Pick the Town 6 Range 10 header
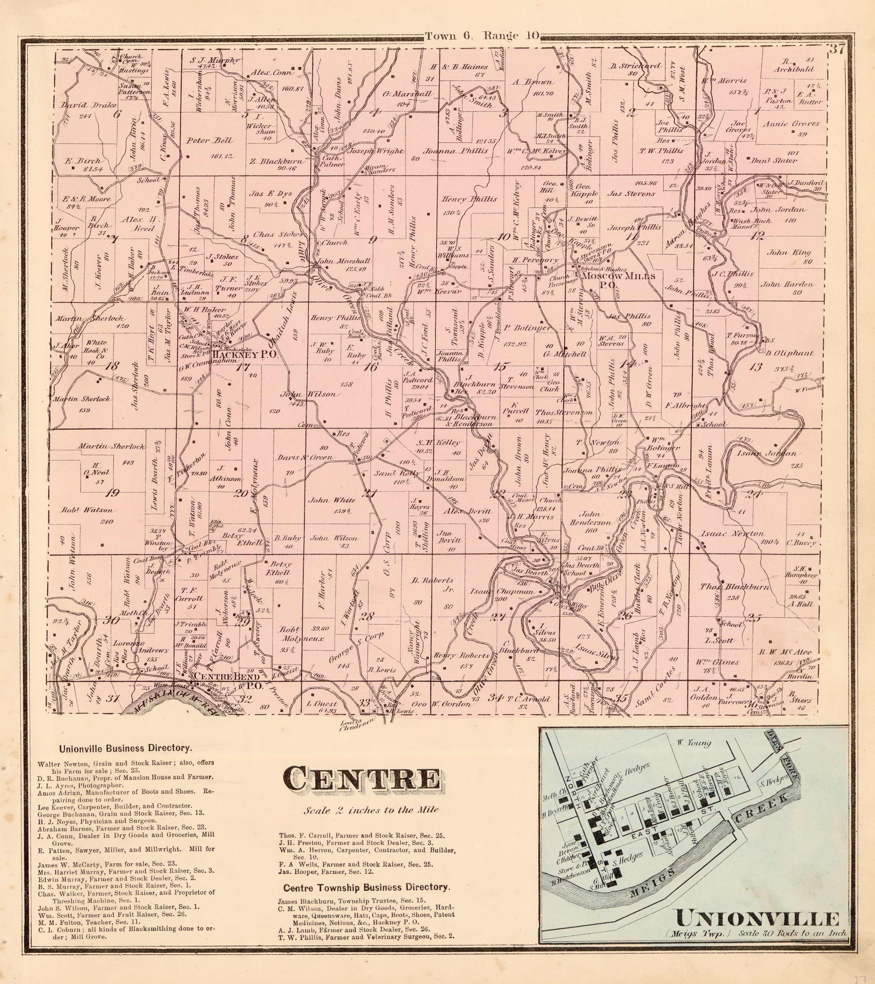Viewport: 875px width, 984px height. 483,36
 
